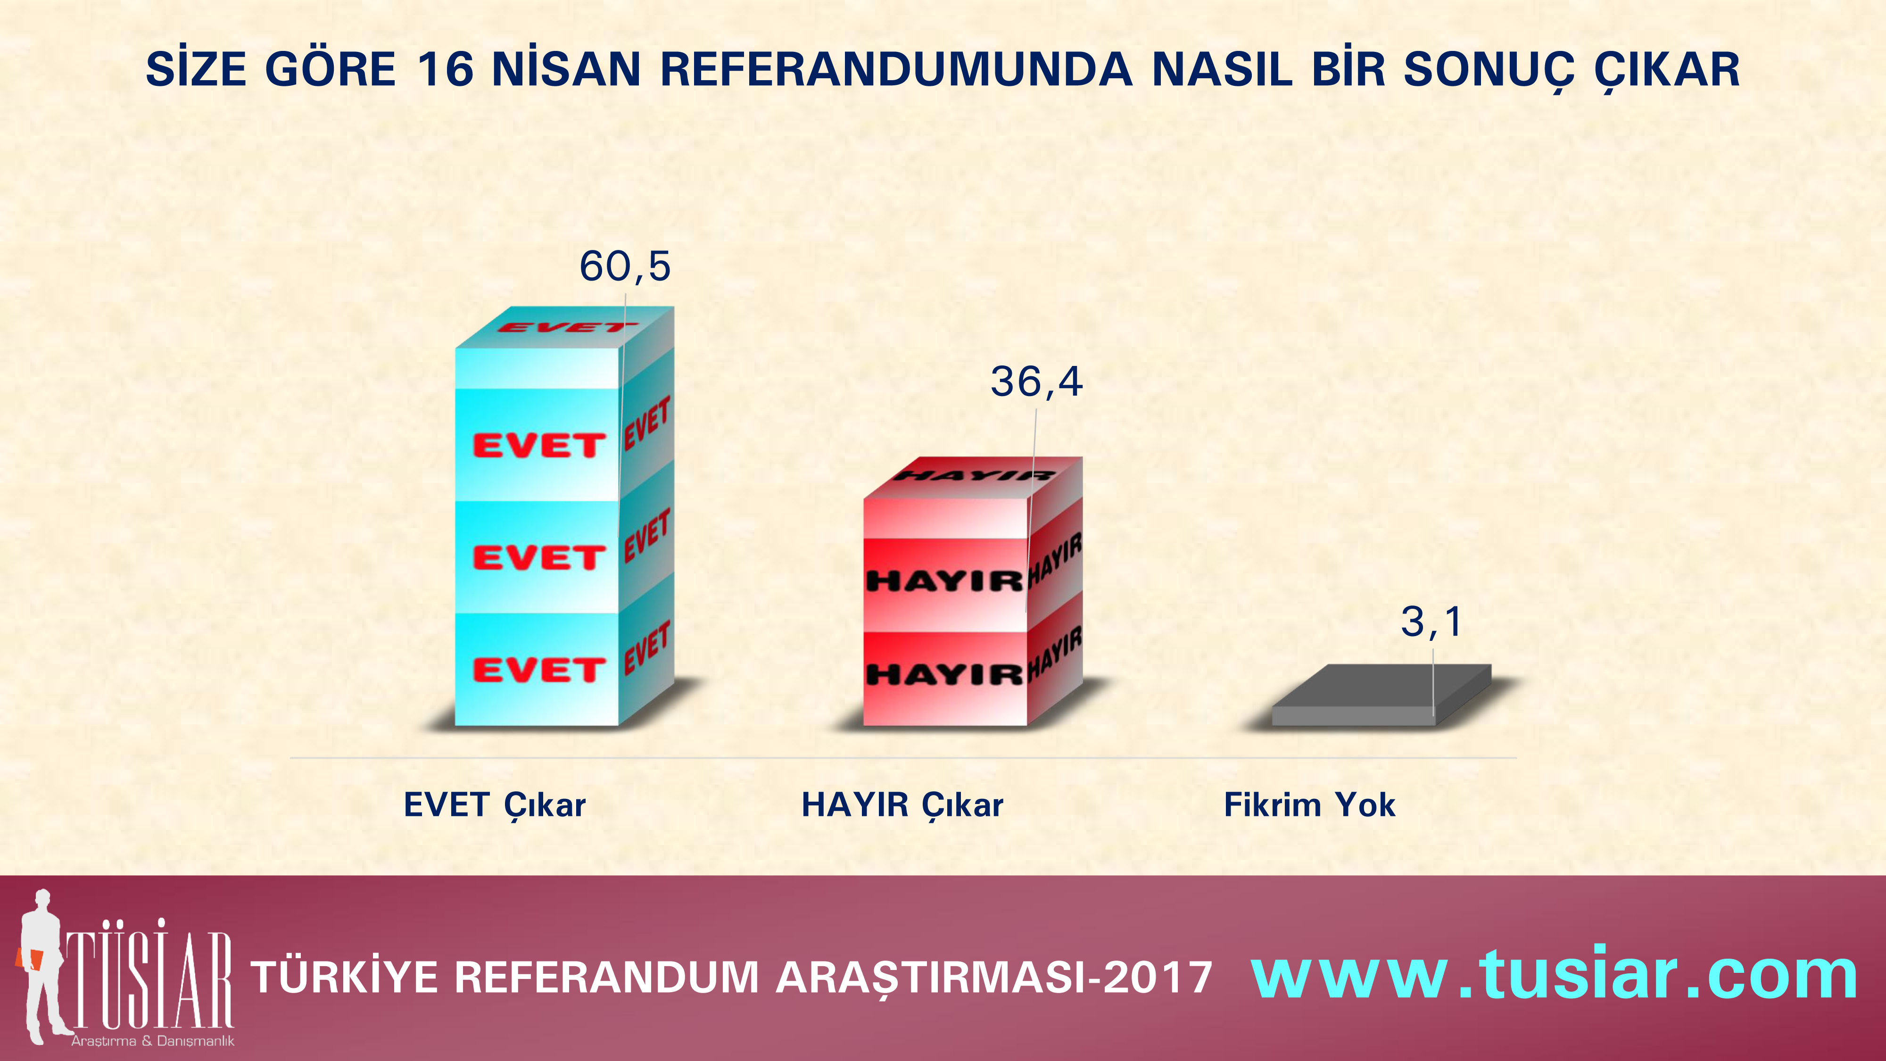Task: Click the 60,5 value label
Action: tap(625, 266)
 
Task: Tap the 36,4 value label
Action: tap(1036, 382)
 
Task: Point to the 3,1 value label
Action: tap(1431, 622)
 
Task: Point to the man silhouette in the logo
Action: tap(42, 965)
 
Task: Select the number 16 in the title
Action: tap(445, 70)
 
